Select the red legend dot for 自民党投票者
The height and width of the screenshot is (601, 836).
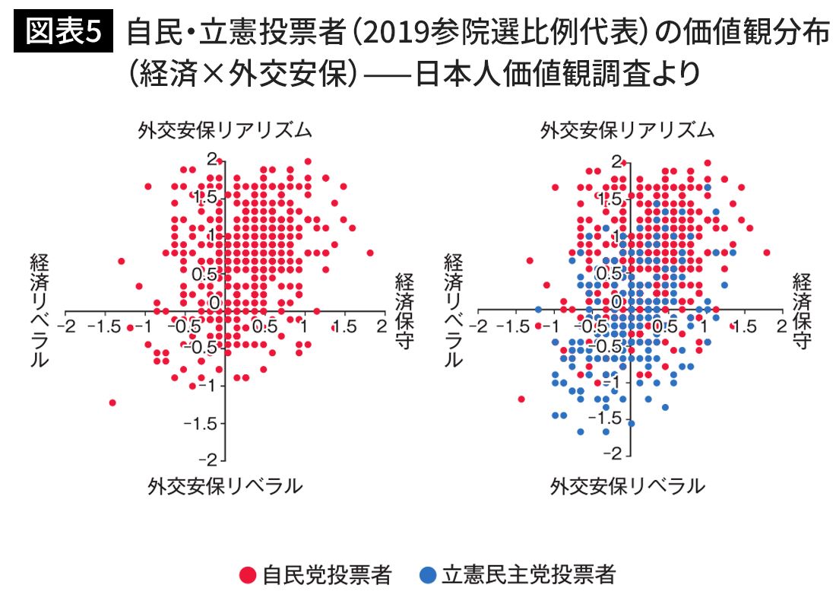(x=247, y=574)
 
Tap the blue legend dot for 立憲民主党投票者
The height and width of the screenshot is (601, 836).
(x=428, y=574)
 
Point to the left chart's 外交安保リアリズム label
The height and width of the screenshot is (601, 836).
(x=225, y=130)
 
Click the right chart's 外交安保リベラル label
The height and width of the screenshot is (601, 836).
(x=628, y=486)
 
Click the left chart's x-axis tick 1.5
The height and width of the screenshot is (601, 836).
(x=344, y=326)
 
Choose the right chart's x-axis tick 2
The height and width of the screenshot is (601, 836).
(x=781, y=326)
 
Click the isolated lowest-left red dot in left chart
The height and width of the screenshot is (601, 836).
(x=112, y=402)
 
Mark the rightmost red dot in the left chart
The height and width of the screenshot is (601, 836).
(x=370, y=253)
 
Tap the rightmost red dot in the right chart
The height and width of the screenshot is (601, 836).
(x=766, y=253)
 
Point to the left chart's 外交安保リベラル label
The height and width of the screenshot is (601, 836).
(x=225, y=486)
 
